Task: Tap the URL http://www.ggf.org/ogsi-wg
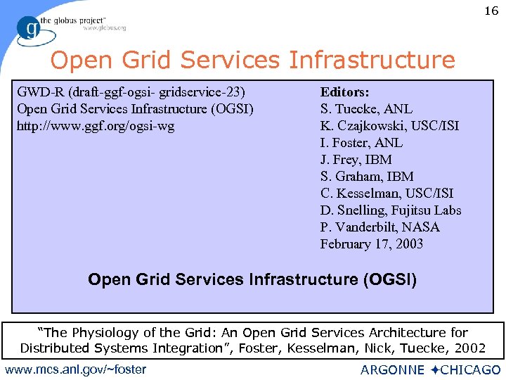96,126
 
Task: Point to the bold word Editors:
345,92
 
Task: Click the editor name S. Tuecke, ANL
366,109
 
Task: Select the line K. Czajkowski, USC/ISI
389,126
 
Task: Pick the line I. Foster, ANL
361,143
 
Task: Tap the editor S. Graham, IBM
367,177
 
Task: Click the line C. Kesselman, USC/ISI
387,194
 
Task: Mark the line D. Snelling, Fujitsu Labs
391,210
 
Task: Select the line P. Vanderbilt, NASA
380,227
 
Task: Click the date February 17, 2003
372,244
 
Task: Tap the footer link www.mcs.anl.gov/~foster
75,369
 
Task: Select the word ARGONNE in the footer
392,370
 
